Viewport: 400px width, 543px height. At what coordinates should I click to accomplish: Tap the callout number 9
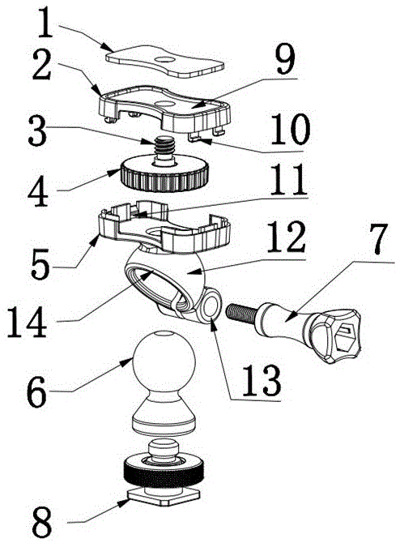coord(286,58)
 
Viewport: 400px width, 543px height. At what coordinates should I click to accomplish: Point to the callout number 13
coord(261,379)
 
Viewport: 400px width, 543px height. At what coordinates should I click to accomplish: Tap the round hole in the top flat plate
coord(164,60)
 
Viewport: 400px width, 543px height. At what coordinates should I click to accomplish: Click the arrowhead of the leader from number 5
coord(98,237)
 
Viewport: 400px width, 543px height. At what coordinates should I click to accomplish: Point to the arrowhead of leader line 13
coord(214,322)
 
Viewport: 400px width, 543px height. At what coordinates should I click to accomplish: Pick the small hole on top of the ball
coord(164,334)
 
